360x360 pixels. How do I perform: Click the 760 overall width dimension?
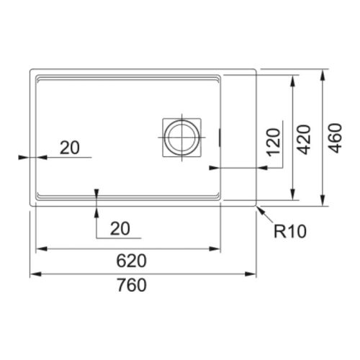coord(132,285)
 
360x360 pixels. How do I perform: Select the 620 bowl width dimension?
coord(131,261)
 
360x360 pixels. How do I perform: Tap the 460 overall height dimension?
coord(336,138)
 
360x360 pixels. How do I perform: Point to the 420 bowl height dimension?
coord(305,140)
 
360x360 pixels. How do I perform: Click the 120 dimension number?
coord(274,142)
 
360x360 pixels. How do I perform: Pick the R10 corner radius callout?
coord(290,231)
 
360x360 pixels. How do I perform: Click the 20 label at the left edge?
coord(70,148)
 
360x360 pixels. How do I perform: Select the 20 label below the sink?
coord(120,228)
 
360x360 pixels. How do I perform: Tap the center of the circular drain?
coord(181,138)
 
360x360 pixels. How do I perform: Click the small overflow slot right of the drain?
coord(220,138)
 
